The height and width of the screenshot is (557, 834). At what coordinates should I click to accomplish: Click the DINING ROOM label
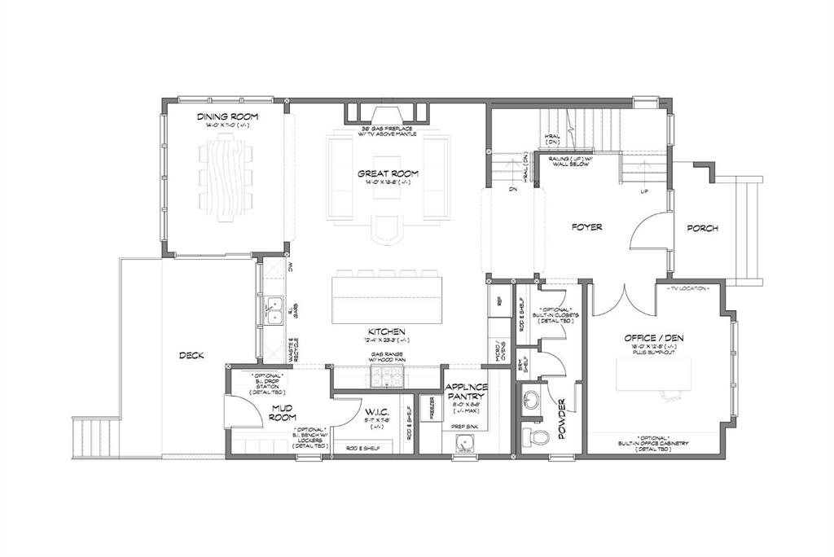224,117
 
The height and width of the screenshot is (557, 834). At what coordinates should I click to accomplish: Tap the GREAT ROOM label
388,173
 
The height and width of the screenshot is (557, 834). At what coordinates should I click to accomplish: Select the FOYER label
586,227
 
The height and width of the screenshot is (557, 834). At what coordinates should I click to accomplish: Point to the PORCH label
702,229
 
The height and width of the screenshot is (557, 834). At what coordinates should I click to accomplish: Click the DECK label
191,355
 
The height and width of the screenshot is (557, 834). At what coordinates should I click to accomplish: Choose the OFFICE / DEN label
652,338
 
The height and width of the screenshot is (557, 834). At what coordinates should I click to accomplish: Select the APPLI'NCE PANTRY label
465,392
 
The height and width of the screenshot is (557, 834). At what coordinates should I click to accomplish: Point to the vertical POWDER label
562,416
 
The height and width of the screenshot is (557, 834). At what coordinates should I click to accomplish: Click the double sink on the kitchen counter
274,310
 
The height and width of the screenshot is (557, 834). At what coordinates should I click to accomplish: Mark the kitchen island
387,300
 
